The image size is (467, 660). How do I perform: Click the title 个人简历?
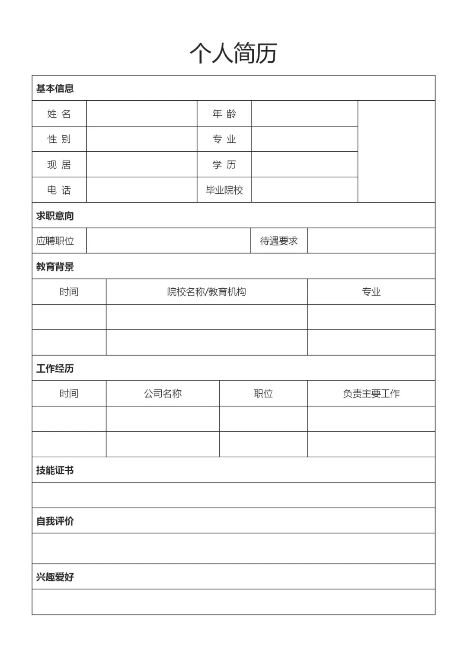[233, 53]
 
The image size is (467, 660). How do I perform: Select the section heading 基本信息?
[55, 88]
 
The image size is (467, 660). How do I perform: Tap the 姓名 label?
[59, 114]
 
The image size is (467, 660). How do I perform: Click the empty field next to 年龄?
[304, 114]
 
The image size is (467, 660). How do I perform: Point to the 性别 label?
[59, 139]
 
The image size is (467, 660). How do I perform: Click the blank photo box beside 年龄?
[396, 151]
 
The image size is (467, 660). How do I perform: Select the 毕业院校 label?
[224, 190]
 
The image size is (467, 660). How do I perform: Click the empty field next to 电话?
[141, 190]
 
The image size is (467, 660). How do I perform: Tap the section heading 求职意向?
[55, 216]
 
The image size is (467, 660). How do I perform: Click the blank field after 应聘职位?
[168, 241]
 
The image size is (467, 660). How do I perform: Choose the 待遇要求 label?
[278, 241]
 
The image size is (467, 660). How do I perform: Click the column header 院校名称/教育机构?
[206, 292]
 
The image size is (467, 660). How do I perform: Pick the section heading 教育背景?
[55, 266]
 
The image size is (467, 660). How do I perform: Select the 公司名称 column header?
[163, 393]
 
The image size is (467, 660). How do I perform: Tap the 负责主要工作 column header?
[371, 393]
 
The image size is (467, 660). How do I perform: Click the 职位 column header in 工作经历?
[263, 393]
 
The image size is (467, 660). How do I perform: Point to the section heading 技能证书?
[55, 470]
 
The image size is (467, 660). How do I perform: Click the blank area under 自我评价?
[233, 548]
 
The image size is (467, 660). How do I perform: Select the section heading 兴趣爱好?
[55, 577]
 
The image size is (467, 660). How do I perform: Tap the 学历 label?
[224, 165]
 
